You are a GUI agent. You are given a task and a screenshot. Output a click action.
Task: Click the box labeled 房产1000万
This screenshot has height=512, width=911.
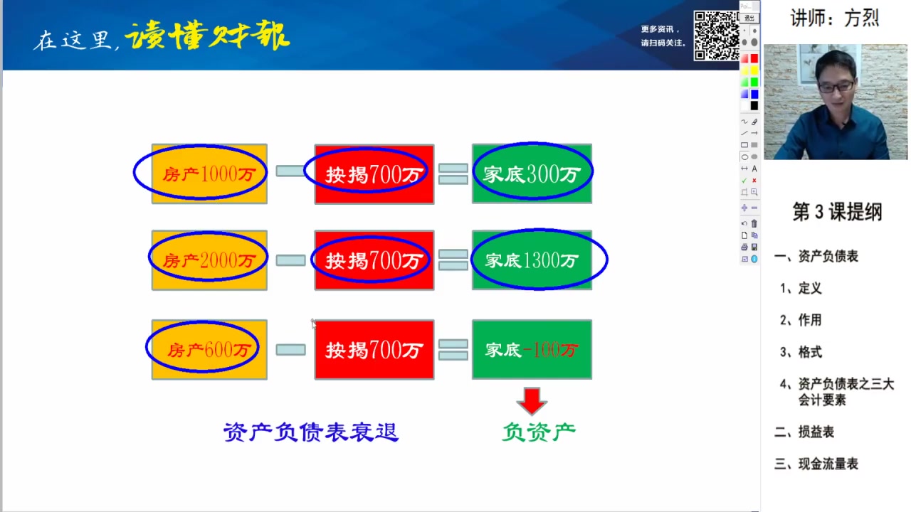209,174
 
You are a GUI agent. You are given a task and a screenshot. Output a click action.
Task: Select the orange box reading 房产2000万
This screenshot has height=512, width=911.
209,260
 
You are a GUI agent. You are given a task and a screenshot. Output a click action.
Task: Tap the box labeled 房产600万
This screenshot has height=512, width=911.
209,349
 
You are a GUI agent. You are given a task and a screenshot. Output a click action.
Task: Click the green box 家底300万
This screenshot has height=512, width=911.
532,174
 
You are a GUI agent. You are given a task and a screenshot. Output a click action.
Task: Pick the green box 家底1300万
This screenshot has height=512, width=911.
532,260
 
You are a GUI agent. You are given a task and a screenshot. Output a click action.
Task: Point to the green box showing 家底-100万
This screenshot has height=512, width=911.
532,349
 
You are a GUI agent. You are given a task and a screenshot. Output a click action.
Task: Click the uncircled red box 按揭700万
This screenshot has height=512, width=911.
374,349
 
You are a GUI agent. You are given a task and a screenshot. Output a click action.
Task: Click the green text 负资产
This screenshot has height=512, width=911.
539,432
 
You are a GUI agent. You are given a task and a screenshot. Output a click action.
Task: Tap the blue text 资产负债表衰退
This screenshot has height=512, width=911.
311,432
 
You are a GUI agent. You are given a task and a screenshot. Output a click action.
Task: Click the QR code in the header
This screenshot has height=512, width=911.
716,35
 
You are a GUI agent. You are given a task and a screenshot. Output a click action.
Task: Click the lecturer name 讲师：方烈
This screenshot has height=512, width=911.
835,18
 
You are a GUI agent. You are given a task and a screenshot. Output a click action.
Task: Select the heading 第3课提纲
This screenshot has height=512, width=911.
837,212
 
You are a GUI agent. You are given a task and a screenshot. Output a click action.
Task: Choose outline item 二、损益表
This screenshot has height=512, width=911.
804,432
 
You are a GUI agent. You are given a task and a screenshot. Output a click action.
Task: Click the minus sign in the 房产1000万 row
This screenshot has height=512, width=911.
290,171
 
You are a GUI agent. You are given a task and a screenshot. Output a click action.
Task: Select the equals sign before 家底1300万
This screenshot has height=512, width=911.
453,260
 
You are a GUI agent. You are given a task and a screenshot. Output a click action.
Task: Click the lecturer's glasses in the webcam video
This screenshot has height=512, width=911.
836,87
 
